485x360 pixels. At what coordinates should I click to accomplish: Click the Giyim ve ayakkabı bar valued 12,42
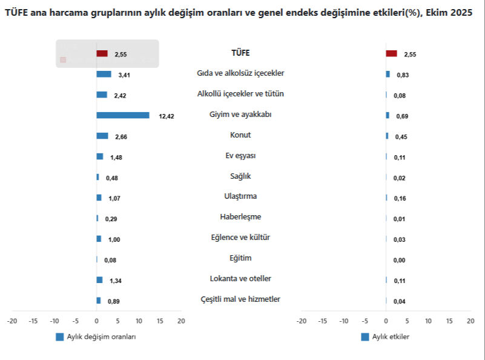point(122,115)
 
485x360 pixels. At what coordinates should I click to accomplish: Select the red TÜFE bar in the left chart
point(102,53)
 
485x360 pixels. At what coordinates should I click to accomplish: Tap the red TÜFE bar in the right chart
point(391,53)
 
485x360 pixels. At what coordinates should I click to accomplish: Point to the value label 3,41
point(125,75)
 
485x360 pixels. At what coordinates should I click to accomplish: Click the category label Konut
point(240,135)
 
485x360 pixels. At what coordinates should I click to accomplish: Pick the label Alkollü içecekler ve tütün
point(240,94)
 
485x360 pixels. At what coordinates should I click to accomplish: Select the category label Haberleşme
point(240,216)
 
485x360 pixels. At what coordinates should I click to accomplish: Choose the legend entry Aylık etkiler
point(391,337)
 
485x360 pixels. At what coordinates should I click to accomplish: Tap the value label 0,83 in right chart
point(402,75)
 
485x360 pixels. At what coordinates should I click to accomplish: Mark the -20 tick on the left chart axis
point(12,321)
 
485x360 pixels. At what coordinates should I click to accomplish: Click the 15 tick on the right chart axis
point(449,321)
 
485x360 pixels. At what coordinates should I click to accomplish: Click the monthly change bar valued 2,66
point(102,136)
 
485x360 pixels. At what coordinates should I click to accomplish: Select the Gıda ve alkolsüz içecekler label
point(240,73)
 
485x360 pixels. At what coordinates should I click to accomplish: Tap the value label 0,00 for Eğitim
point(399,260)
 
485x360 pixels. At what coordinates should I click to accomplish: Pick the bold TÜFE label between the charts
point(240,53)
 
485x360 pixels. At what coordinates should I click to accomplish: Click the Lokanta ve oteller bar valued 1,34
point(99,279)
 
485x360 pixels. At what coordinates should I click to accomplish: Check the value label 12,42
point(167,116)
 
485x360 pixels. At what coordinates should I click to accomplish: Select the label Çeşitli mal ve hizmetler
point(240,299)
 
